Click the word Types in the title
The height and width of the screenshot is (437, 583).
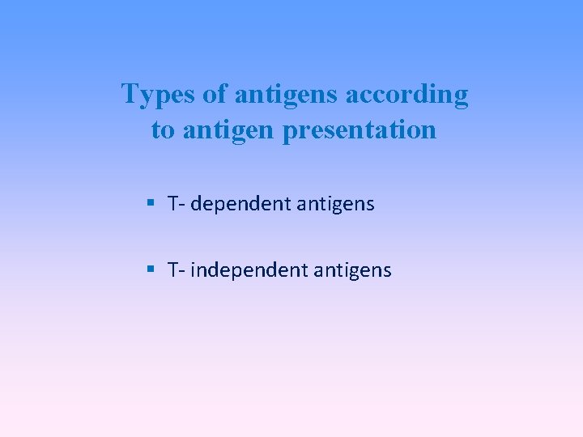click(159, 95)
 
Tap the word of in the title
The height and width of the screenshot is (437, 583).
click(215, 95)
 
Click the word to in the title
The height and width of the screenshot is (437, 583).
click(163, 130)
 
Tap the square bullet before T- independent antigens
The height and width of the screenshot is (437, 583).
click(151, 269)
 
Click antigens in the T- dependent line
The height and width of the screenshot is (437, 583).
click(336, 205)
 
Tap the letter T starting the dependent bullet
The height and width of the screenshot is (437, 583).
click(173, 204)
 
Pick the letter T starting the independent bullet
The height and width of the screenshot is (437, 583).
click(173, 269)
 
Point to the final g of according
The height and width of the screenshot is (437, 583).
click(461, 98)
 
